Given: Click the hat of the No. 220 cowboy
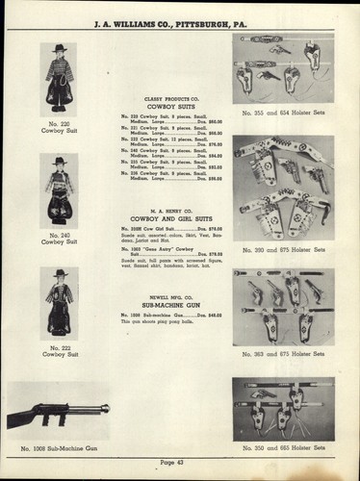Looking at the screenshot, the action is point(59,46).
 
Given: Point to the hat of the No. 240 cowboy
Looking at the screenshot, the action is point(59,160).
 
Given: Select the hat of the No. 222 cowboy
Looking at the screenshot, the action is point(60,273).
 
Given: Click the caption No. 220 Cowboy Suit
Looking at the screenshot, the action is point(59,128).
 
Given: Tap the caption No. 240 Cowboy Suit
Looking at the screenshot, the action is point(59,238).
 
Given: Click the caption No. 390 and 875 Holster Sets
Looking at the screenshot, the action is point(283,248).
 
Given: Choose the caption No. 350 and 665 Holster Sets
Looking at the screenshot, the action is point(283,449).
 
